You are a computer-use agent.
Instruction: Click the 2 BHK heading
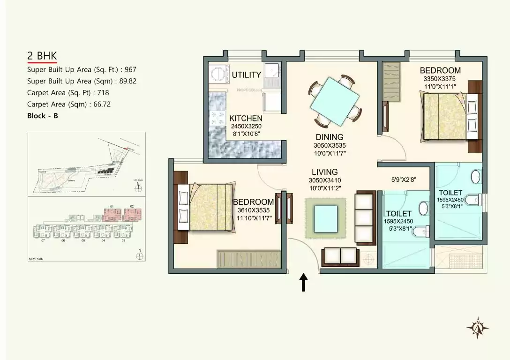[42, 56]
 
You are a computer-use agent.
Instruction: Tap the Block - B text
[43, 116]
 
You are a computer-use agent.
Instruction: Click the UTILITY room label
[246, 75]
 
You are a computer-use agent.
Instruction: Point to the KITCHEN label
[246, 119]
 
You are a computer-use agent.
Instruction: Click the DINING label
[330, 137]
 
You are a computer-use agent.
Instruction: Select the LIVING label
[324, 172]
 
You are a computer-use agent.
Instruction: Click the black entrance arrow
[303, 283]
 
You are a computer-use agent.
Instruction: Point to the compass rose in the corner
[478, 328]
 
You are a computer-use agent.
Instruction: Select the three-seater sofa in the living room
[366, 218]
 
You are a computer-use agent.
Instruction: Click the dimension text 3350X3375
[440, 79]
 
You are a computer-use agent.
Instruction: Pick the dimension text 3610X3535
[253, 210]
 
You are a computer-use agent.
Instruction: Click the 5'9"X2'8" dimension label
[404, 179]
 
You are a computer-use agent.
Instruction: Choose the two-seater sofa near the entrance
[339, 256]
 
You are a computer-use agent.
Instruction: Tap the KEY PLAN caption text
[36, 258]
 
